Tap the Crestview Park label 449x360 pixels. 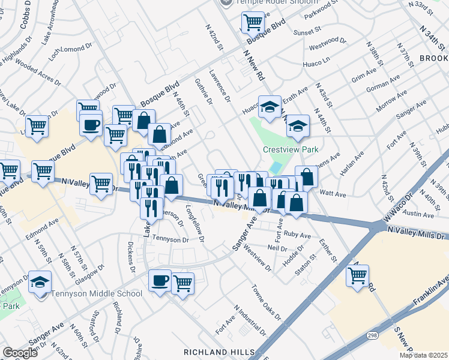tap(290, 150)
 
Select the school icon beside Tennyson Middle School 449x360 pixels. tap(40, 282)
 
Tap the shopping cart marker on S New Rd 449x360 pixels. tap(357, 276)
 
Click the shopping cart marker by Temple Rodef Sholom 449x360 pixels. tap(253, 23)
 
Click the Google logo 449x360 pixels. tap(20, 353)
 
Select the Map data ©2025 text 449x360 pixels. tap(424, 355)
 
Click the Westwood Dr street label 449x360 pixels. tap(327, 44)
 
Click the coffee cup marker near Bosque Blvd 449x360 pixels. tap(91, 125)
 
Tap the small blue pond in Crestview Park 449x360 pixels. tap(276, 167)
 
